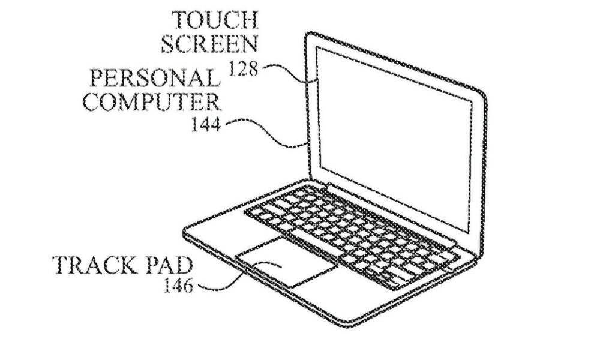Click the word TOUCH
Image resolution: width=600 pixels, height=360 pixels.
(x=215, y=20)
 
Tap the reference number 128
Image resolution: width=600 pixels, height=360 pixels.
(x=243, y=69)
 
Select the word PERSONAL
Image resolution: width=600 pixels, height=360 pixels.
(x=155, y=78)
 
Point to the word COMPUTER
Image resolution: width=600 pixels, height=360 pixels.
(x=152, y=101)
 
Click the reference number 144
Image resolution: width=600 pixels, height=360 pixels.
(x=206, y=124)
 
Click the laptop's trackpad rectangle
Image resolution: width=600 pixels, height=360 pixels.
(x=287, y=262)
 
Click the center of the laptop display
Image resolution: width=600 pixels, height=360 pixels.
(x=394, y=140)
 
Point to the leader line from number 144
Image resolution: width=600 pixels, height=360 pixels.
(x=268, y=134)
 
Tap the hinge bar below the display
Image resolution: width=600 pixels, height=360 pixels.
(x=391, y=214)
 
